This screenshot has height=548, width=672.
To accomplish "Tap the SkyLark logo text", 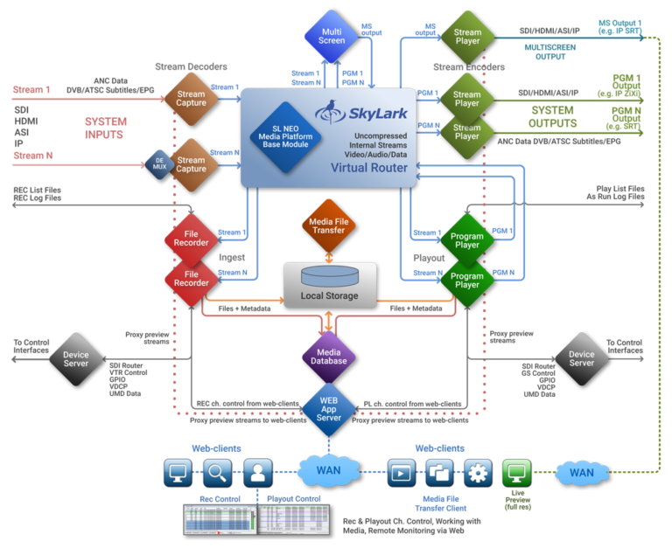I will [x=371, y=111].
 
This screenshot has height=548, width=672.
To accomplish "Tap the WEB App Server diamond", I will [x=329, y=406].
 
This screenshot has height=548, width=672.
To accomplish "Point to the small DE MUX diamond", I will [x=159, y=164].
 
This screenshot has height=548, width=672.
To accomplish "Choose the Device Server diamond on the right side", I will [x=581, y=357].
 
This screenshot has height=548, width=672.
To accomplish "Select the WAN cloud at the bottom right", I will [x=581, y=473].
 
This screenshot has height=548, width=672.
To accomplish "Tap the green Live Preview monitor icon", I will [x=516, y=473].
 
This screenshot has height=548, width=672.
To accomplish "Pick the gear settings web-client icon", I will [x=478, y=473].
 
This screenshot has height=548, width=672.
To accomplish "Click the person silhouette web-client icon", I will [x=257, y=473].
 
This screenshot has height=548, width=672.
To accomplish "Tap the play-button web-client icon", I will [x=401, y=473].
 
